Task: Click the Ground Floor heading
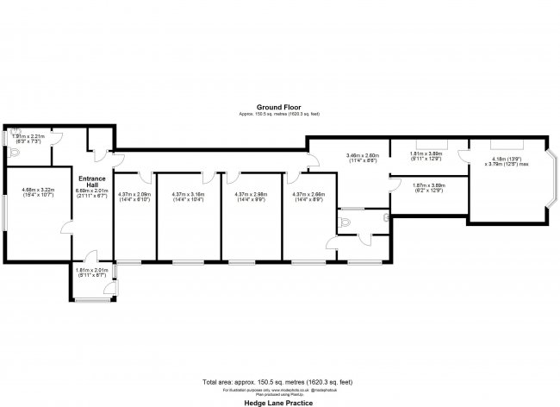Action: (279, 108)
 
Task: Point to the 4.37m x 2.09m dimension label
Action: (134, 197)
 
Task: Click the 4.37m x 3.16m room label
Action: (188, 197)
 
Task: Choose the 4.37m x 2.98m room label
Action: (251, 197)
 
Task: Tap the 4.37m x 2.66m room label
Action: (308, 197)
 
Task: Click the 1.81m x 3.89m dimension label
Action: (426, 155)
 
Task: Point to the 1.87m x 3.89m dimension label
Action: (428, 188)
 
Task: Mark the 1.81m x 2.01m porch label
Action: (91, 272)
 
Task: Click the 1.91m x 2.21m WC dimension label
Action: (28, 138)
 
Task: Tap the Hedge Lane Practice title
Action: (279, 402)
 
